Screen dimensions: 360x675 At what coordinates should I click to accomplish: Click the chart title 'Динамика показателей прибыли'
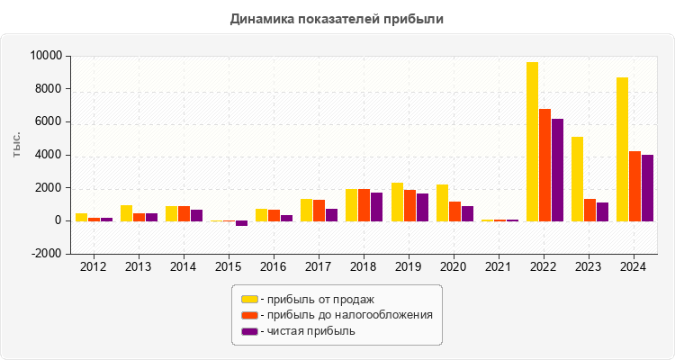point(337,18)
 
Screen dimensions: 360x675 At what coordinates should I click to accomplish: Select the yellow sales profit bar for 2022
point(532,141)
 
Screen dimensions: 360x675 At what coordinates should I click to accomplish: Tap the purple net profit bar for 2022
point(557,170)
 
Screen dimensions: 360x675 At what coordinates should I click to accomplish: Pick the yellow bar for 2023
point(577,178)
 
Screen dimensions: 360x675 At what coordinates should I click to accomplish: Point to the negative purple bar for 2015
point(241,223)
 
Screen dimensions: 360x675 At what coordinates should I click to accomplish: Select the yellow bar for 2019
point(397,202)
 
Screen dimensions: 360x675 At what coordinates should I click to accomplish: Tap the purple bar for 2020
point(467,213)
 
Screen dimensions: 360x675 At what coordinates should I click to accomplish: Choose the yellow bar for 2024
point(622,148)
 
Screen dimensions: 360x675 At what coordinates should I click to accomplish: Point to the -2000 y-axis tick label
point(45,254)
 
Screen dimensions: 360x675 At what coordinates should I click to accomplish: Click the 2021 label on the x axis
point(498,266)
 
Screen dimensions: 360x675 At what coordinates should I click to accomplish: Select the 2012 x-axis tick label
point(93,266)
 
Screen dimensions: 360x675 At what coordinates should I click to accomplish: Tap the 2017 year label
point(318,266)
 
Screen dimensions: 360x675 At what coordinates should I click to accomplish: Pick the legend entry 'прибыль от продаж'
point(316,299)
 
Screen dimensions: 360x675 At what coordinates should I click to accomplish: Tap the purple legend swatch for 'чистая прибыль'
point(249,331)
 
